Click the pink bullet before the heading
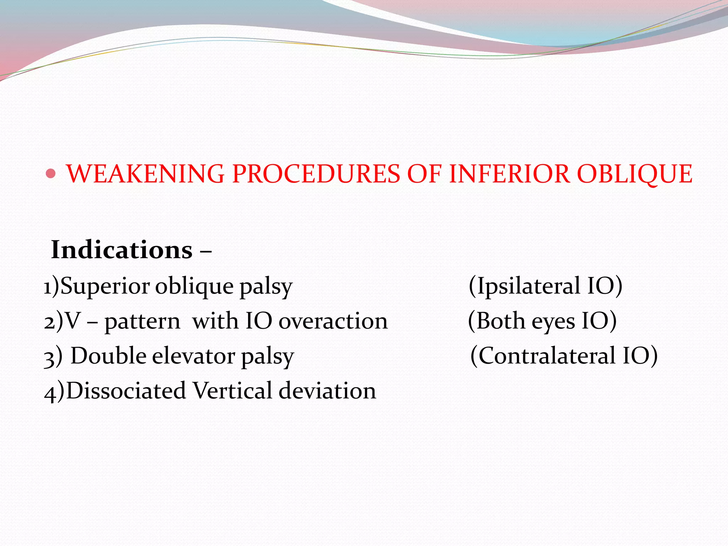tap(51, 174)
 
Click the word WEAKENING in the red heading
tap(145, 174)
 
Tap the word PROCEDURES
tap(316, 174)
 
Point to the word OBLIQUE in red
tap(635, 174)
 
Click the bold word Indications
tap(122, 250)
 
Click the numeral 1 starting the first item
tap(47, 287)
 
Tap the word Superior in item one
tap(105, 286)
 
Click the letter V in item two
tap(73, 321)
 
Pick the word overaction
tap(333, 321)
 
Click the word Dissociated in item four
tap(126, 391)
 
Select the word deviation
tap(327, 391)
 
